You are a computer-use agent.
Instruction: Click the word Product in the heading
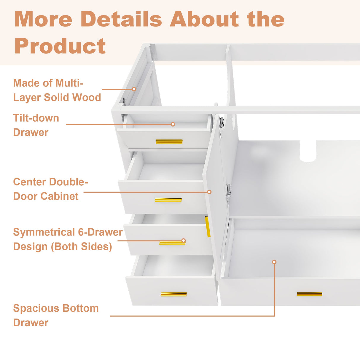tap(60, 46)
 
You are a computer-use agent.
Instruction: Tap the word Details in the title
tap(121, 19)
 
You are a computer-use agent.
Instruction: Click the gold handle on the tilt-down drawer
tap(169, 141)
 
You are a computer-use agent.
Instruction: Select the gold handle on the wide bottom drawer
tap(309, 294)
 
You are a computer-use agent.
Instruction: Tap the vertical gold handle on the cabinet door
tap(208, 227)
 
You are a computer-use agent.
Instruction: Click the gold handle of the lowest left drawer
tap(174, 294)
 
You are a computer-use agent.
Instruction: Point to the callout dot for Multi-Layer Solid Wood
tap(134, 89)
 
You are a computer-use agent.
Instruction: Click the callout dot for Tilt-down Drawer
tap(173, 124)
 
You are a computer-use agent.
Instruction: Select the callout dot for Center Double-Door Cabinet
tap(209, 192)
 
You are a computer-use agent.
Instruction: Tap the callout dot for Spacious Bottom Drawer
tap(274, 262)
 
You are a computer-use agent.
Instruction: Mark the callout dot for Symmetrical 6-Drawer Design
tap(184, 240)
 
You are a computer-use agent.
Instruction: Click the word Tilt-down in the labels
tap(36, 118)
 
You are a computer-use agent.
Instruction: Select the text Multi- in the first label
tap(69, 83)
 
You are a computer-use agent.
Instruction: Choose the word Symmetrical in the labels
tap(44, 232)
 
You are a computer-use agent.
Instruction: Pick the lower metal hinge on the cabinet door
tap(228, 193)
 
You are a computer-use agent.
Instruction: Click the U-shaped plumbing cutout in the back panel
tap(308, 151)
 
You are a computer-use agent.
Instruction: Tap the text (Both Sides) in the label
tap(82, 247)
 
